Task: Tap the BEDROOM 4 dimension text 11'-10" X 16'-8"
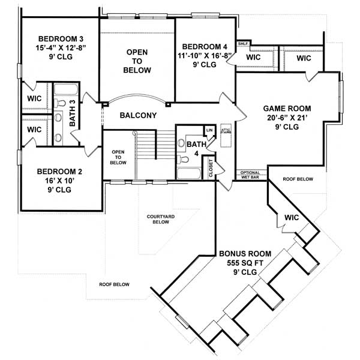205,56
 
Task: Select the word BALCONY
138,116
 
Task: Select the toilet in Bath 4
182,144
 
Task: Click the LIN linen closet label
209,130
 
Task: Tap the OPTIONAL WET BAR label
250,175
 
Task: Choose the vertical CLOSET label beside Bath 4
211,167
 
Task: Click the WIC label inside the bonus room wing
292,217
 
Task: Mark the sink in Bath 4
182,160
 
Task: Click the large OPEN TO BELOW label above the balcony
137,61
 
